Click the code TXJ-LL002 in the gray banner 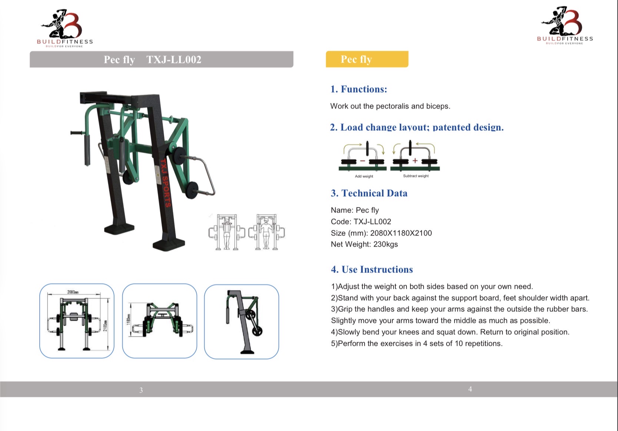[x=174, y=60]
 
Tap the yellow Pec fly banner [x=367, y=59]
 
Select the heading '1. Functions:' [x=359, y=89]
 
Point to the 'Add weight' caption [x=364, y=176]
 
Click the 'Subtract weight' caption [x=416, y=176]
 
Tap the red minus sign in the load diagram [x=362, y=161]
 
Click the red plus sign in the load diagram [x=415, y=160]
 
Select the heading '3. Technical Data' [x=369, y=193]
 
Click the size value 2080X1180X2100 [x=401, y=233]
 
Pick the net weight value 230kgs [x=385, y=244]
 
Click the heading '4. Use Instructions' [x=372, y=270]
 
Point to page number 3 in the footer [x=141, y=390]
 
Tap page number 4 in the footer [x=470, y=389]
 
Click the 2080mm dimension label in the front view [x=73, y=292]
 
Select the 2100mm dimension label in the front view [x=105, y=326]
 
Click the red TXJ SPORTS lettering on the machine [x=166, y=183]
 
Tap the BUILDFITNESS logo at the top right [x=565, y=26]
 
